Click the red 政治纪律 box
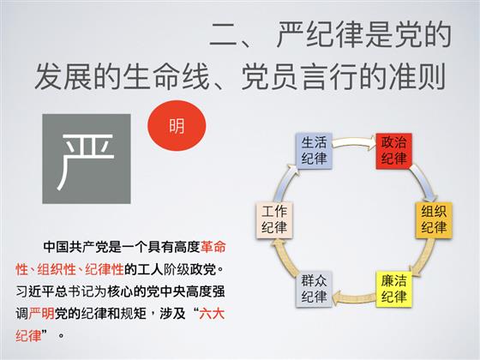click(393, 151)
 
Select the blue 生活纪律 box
click(314, 151)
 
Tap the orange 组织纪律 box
click(434, 219)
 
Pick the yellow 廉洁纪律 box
click(393, 289)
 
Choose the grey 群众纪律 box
click(314, 289)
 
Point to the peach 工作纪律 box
click(274, 219)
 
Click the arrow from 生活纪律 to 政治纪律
click(354, 142)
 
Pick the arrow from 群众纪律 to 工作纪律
click(284, 256)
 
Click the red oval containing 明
click(177, 125)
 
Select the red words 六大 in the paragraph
click(212, 314)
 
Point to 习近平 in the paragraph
click(35, 291)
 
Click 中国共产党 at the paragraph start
click(76, 247)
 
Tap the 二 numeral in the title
click(225, 35)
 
